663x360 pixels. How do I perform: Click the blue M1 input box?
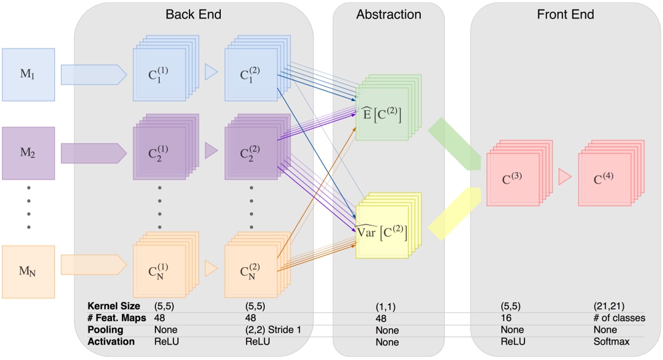click(29, 74)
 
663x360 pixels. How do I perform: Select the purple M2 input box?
click(29, 153)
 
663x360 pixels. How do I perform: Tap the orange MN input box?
click(29, 272)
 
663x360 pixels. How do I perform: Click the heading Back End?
click(193, 14)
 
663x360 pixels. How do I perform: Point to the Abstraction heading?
click(388, 14)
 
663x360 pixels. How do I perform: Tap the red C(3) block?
click(512, 179)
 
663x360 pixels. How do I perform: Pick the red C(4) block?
click(604, 179)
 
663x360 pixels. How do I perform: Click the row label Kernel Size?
click(114, 306)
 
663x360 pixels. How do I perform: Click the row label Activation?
click(111, 342)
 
